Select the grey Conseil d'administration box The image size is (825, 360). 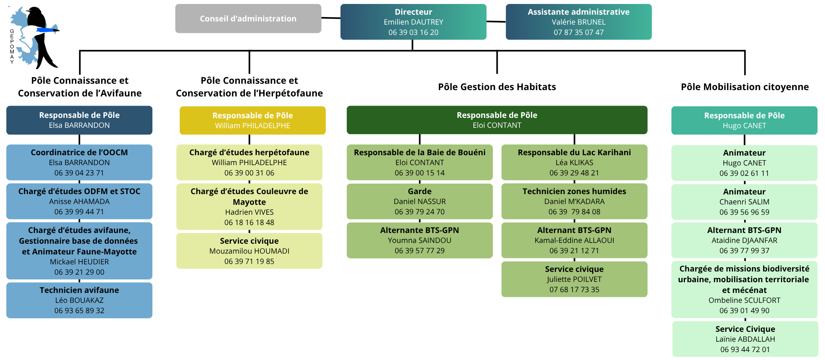pyautogui.click(x=248, y=19)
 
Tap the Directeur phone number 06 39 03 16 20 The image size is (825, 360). pyautogui.click(x=413, y=33)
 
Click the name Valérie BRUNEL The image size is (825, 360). pyautogui.click(x=579, y=22)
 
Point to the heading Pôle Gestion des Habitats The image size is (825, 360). pyautogui.click(x=497, y=87)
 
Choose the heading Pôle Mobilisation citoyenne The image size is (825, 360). pyautogui.click(x=744, y=87)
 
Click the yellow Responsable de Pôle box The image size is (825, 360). pyautogui.click(x=252, y=120)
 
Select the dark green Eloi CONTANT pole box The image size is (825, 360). pyautogui.click(x=497, y=120)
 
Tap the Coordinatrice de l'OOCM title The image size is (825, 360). pyautogui.click(x=79, y=152)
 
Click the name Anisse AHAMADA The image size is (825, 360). pyautogui.click(x=79, y=202)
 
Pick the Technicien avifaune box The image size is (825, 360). pyautogui.click(x=79, y=300)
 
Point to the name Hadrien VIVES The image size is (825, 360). pyautogui.click(x=249, y=212)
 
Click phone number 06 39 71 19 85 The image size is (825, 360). pyautogui.click(x=249, y=262)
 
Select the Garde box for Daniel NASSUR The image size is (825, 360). pyautogui.click(x=419, y=201)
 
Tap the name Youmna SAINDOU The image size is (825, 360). pyautogui.click(x=419, y=241)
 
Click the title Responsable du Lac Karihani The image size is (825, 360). pyautogui.click(x=574, y=152)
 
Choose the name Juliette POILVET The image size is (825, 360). pyautogui.click(x=574, y=279)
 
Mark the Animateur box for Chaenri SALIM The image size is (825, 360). pyautogui.click(x=744, y=202)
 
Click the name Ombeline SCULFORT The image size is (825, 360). pyautogui.click(x=744, y=300)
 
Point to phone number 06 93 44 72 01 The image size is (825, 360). pyautogui.click(x=745, y=350)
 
